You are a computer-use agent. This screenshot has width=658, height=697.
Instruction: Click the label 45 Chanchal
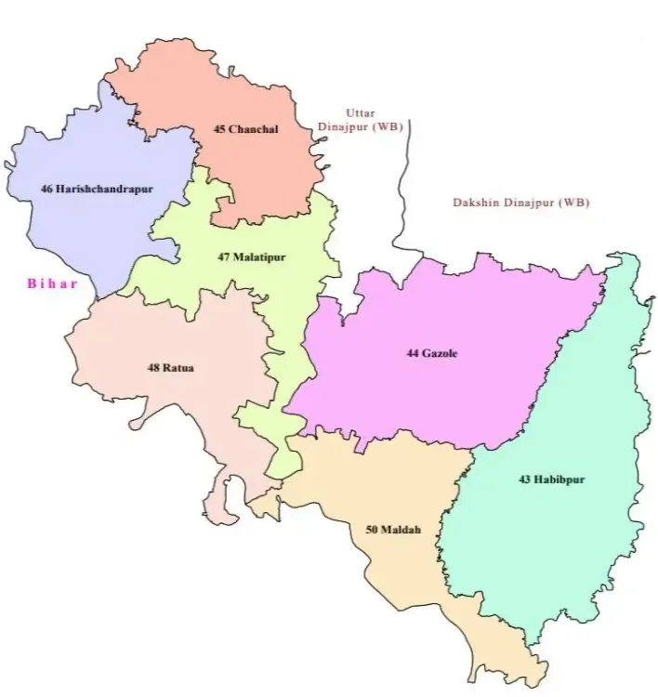[x=245, y=129]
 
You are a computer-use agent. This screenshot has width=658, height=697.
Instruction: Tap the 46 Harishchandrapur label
[x=97, y=189]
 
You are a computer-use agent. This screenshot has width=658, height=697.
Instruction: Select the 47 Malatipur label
[x=252, y=256]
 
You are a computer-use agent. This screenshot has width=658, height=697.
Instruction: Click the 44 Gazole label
[x=432, y=353]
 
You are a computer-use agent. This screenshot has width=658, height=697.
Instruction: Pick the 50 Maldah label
[x=393, y=530]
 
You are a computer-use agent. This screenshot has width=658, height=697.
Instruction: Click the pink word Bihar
[x=52, y=283]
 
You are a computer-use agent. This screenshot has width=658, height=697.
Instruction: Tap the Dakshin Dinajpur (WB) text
[x=520, y=203]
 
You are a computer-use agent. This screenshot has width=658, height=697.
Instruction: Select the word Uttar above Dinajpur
[x=360, y=112]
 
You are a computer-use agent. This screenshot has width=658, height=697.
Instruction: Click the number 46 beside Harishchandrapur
[x=46, y=189]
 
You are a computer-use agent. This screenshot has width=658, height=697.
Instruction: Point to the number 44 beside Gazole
[x=413, y=353]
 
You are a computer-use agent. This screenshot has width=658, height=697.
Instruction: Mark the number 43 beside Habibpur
[x=525, y=480]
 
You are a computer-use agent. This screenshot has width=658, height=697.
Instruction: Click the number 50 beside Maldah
[x=372, y=530]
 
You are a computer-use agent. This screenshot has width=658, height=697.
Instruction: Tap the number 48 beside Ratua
[x=153, y=367]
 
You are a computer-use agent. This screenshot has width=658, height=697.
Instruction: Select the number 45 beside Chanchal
[x=219, y=129]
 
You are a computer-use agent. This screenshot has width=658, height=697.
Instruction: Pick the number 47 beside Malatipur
[x=224, y=256]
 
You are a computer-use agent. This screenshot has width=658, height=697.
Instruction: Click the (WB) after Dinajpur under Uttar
[x=386, y=127]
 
